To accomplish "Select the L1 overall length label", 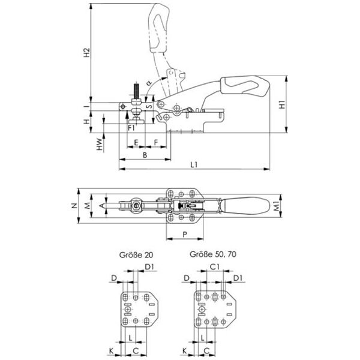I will coord(194,164).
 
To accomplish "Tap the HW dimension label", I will coord(98,146).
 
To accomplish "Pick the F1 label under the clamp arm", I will coord(131,128).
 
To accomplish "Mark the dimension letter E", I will coord(136,143).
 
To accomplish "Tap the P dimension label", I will coord(184,233).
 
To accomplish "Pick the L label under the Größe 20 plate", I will coord(131,338).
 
